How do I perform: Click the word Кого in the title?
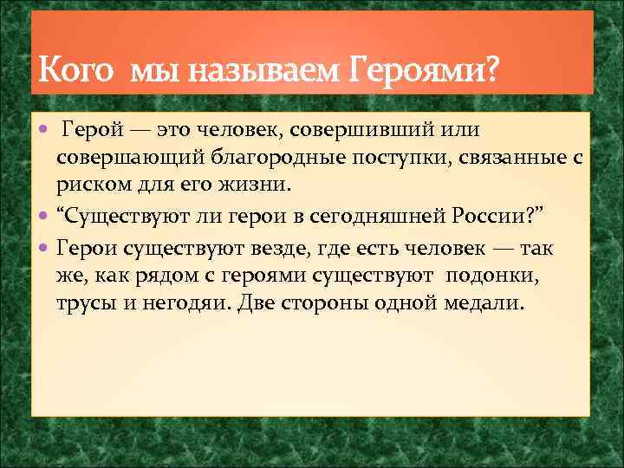click(75, 68)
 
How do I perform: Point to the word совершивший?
click(370, 129)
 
